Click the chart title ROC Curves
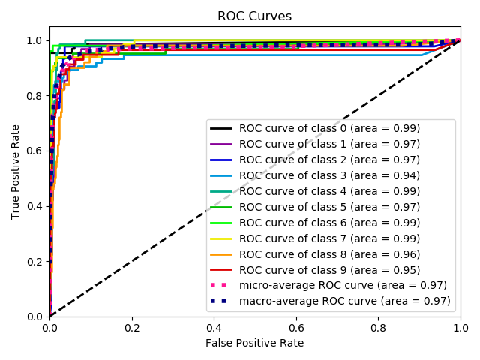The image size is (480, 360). pos(254,16)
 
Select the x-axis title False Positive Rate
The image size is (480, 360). pos(255,343)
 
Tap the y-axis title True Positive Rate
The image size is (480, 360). pos(16,172)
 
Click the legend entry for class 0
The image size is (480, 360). pos(329,128)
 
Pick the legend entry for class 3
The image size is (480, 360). pos(329,175)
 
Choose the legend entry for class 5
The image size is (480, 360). pos(329,207)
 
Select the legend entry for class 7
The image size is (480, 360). pos(329,238)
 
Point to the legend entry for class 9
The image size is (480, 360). pos(329,270)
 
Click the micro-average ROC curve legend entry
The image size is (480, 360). pos(343,285)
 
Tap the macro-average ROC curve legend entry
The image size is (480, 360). pos(344,301)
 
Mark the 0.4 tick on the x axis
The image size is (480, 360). pos(214,316)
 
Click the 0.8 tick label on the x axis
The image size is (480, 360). pos(379,328)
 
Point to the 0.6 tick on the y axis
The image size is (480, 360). pos(49,151)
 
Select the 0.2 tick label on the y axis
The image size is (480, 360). pos(35,262)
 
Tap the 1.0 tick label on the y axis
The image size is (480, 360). pos(35,40)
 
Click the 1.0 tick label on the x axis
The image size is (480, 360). pos(460,328)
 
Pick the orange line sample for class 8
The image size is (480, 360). pos(223,254)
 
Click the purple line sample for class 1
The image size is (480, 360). pos(223,144)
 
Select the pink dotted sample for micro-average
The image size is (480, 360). pos(223,285)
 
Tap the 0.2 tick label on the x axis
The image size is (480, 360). pos(132,328)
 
